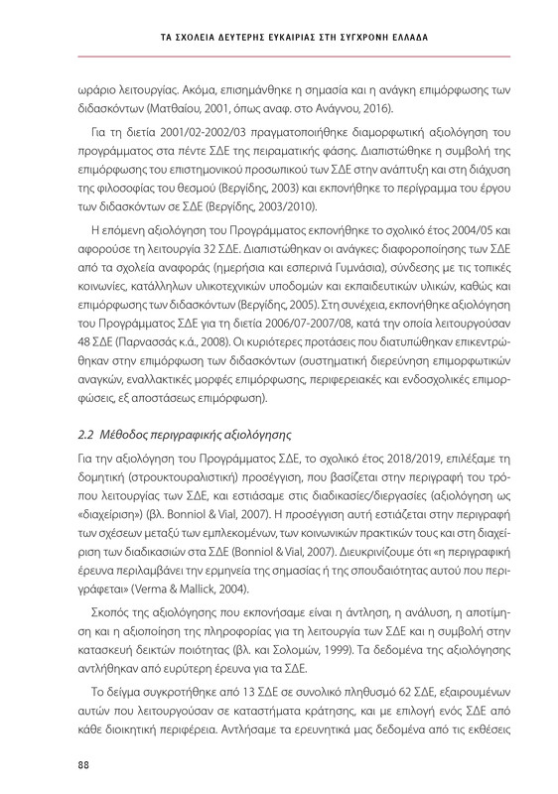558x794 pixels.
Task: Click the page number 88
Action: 84,763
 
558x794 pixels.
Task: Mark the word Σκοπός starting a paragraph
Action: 115,630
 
